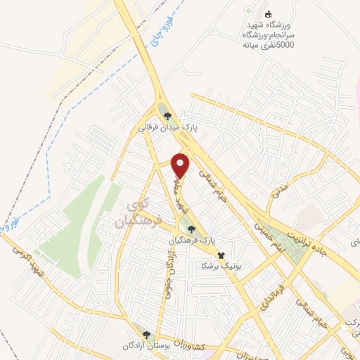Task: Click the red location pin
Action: tap(181, 165)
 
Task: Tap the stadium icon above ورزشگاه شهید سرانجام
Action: tap(268, 13)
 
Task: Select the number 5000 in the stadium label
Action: tap(285, 46)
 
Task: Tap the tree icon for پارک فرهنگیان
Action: tap(192, 229)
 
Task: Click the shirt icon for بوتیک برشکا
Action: tap(221, 255)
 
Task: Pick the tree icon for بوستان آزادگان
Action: tap(146, 335)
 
